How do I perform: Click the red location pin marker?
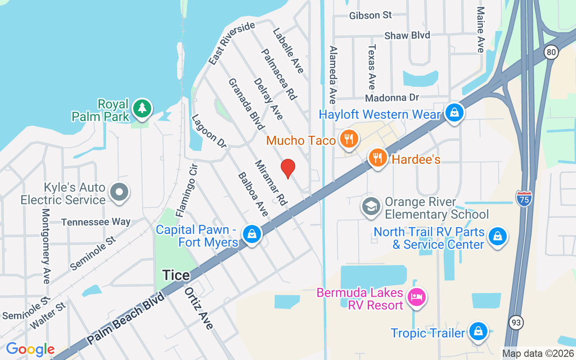tap(288, 168)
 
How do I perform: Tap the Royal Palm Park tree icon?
tap(142, 108)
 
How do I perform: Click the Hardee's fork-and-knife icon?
tap(378, 157)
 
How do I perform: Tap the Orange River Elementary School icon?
tap(371, 207)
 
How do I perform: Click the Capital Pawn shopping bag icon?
tap(252, 234)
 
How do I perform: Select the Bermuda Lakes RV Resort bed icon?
tap(417, 297)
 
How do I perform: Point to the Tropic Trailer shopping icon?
tap(477, 332)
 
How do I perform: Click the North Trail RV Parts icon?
tap(498, 235)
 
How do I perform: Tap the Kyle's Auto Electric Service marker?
tap(119, 192)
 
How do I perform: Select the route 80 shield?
tap(551, 53)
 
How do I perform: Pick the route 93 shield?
tap(516, 322)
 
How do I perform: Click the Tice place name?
tap(176, 275)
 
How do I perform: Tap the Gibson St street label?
tap(370, 15)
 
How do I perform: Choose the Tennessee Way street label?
tap(96, 222)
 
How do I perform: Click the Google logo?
tap(30, 349)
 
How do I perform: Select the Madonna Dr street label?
tap(392, 98)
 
